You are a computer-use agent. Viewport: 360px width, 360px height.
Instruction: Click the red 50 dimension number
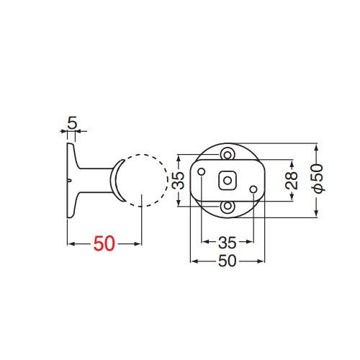104,243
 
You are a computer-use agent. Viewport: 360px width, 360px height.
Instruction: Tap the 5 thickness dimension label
72,123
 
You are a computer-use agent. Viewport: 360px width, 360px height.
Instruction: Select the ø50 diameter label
318,179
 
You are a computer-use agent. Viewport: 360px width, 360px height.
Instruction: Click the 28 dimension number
292,181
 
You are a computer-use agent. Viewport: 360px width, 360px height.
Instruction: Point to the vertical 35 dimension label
179,180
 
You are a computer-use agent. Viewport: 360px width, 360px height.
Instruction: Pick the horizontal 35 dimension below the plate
228,243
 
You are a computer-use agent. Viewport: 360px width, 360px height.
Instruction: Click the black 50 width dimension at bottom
228,261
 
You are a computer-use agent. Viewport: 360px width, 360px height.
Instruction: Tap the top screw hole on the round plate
228,154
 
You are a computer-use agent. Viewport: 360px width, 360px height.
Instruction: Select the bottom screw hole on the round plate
228,207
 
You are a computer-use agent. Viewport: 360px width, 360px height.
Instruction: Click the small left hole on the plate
202,172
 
